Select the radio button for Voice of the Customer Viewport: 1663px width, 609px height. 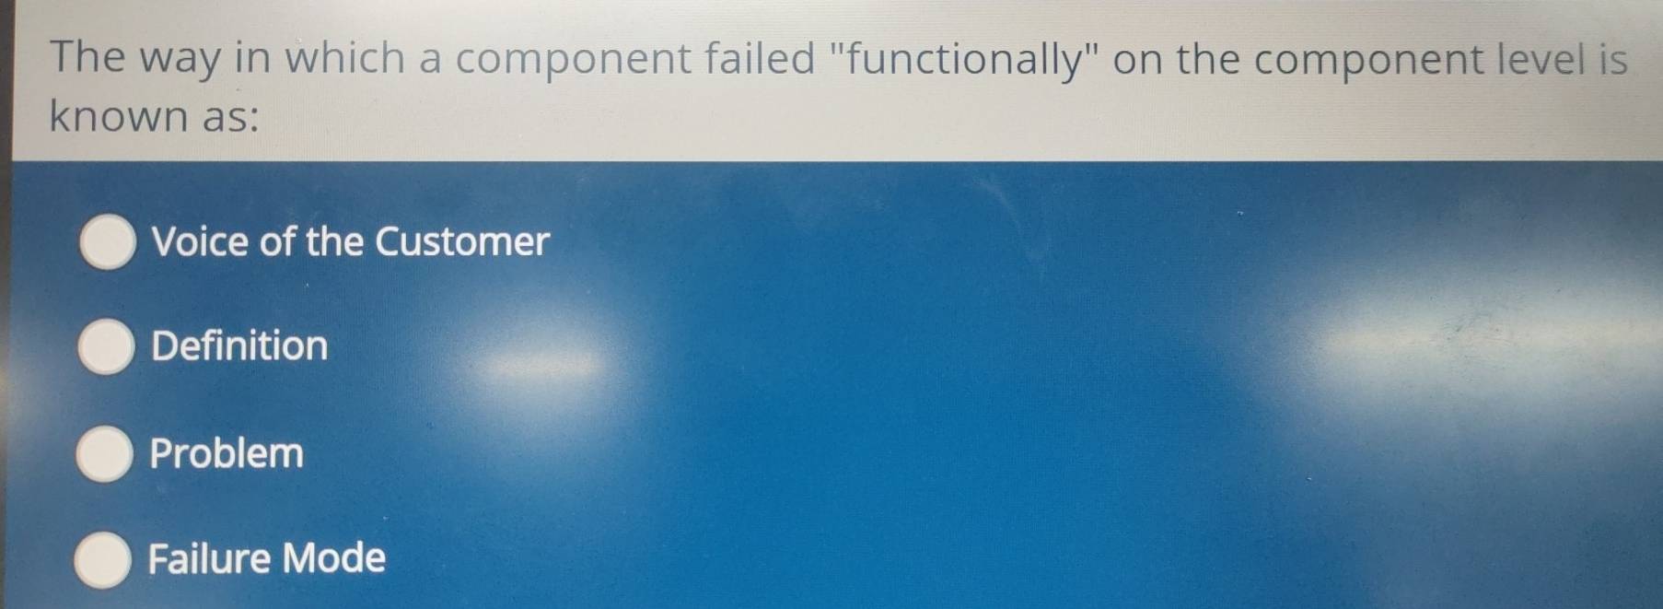tap(109, 242)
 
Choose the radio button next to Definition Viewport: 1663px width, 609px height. tap(106, 346)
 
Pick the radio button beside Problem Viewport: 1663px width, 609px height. tap(104, 453)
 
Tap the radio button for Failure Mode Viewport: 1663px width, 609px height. tap(102, 559)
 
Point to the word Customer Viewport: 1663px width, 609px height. tap(462, 242)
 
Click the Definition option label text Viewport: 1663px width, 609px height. tap(239, 346)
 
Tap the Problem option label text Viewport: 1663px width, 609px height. tap(227, 453)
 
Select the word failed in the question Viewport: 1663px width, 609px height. tap(761, 59)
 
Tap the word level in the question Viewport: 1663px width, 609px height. tap(1541, 60)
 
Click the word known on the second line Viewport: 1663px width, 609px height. tap(118, 117)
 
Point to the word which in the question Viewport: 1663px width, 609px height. tap(344, 58)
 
